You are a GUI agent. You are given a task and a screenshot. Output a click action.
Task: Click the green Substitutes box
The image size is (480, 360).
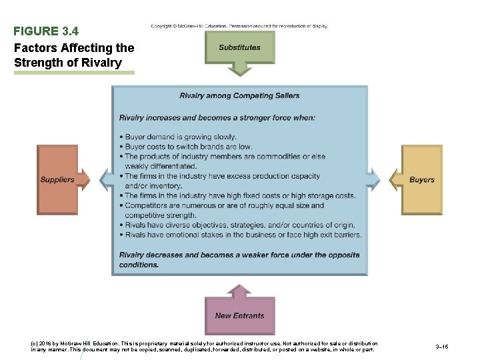point(239,48)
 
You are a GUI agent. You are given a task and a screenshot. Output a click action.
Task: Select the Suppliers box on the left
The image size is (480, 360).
point(57,179)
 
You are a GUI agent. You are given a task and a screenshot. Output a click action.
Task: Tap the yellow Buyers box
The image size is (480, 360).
point(421,179)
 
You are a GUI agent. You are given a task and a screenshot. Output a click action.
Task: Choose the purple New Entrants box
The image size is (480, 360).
point(239,315)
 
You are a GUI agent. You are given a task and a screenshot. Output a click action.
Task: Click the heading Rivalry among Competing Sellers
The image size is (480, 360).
point(239,96)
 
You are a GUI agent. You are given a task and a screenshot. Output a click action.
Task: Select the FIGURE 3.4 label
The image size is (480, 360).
point(46,31)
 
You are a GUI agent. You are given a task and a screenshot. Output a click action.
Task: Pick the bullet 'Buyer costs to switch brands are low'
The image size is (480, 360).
point(185,147)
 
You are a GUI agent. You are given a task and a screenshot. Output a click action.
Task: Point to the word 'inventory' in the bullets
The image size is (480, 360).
point(163,186)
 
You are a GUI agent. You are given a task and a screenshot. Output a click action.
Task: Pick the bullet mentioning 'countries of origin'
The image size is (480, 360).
point(240,225)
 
